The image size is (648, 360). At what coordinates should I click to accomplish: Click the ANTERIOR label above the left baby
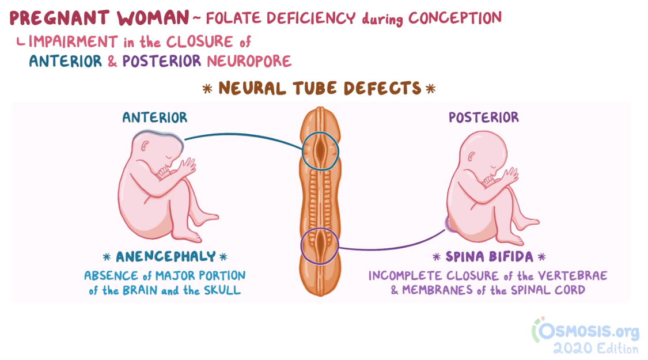(x=154, y=118)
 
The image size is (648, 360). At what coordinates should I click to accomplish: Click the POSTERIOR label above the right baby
(x=483, y=118)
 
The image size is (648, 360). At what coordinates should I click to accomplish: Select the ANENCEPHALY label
(x=166, y=257)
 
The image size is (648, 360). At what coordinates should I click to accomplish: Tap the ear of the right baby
(x=473, y=156)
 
